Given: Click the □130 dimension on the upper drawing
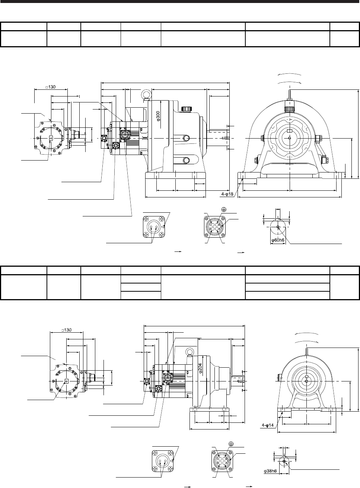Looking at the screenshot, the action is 51,87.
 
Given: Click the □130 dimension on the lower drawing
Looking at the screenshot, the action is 66,330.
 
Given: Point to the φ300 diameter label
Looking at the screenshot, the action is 159,116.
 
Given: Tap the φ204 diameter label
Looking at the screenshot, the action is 200,368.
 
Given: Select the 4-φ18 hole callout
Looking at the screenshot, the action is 227,194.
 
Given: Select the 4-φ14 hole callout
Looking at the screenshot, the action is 268,425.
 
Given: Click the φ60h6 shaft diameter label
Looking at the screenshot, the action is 278,240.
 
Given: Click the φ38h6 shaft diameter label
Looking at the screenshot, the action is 270,471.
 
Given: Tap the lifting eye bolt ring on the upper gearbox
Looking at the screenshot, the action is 146,93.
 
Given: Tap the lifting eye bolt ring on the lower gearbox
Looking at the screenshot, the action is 189,352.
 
